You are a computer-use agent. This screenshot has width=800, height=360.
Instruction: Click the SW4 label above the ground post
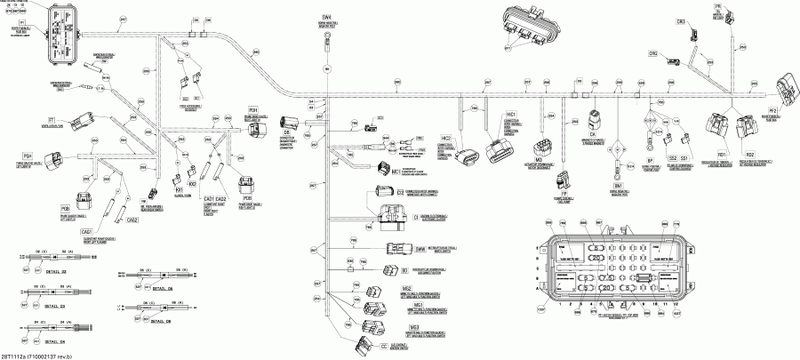[x=327, y=17]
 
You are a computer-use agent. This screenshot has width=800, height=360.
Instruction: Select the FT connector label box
[x=52, y=119]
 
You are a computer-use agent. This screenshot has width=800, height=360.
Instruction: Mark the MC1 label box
[x=370, y=172]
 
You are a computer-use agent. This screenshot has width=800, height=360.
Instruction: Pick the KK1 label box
[x=179, y=188]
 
